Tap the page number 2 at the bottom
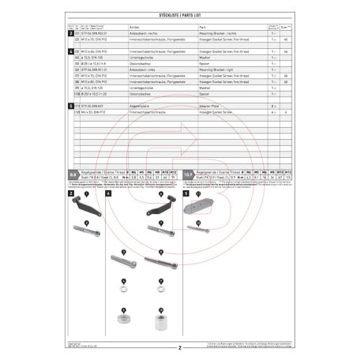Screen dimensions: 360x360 point(180,347)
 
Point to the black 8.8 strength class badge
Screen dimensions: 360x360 point(73,171)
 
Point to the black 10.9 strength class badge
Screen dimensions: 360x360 point(188,171)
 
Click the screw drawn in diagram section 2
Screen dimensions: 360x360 point(81,238)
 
